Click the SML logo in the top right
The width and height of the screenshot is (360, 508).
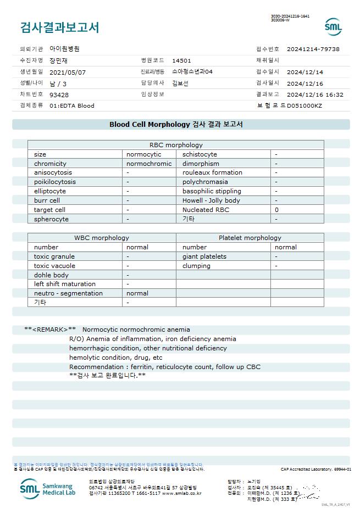tap(333, 27)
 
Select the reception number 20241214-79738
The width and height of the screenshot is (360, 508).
tap(313, 49)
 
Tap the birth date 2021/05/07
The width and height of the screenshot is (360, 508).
tap(68, 72)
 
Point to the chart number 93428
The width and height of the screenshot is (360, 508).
tap(59, 95)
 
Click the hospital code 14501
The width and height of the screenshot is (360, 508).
tap(181, 60)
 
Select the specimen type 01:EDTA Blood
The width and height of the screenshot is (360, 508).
tap(72, 105)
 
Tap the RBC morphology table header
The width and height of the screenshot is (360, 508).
tap(176, 145)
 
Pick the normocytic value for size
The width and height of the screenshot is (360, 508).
tap(144, 154)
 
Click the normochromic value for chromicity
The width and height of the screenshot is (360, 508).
tap(149, 164)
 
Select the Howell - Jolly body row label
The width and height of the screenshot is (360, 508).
tap(211, 200)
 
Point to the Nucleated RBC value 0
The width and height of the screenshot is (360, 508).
tap(276, 210)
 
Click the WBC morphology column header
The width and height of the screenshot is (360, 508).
tap(102, 238)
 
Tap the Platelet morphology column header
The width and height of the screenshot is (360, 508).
tap(250, 238)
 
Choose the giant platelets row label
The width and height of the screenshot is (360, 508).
tap(204, 256)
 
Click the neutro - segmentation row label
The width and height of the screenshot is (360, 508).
tap(68, 293)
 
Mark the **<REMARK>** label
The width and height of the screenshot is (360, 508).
tap(50, 330)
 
